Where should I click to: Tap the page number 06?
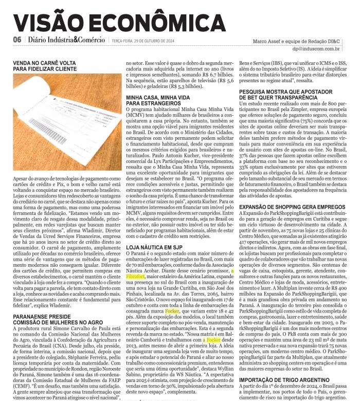[x=16, y=40]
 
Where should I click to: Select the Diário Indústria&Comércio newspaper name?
[x=67, y=40]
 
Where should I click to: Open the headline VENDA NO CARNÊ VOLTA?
[x=45, y=62]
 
